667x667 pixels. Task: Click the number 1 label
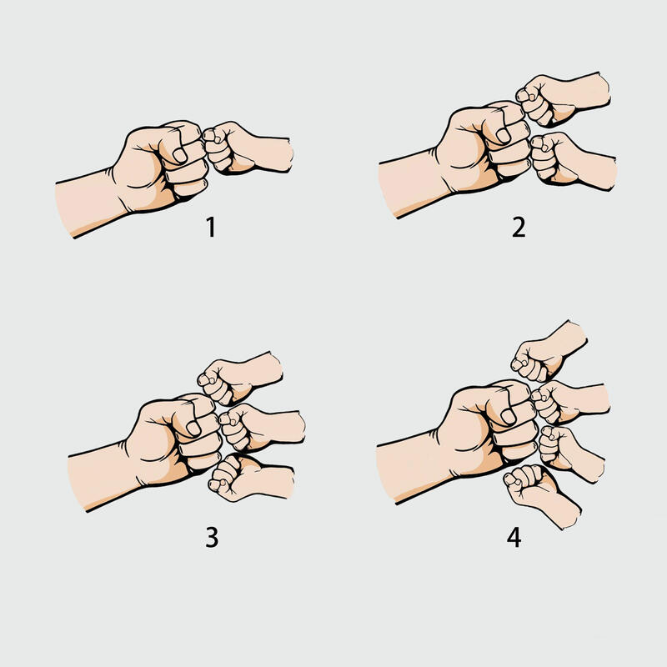[x=211, y=227]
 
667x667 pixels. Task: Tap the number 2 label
[x=519, y=227]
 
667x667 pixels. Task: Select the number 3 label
[x=212, y=537]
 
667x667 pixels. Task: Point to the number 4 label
[x=514, y=537]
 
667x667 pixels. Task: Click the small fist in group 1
[x=247, y=149]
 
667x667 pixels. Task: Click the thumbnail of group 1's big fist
[x=179, y=155]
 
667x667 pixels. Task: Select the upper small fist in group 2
[x=561, y=98]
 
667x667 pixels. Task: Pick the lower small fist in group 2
[x=572, y=161]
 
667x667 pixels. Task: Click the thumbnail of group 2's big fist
[x=504, y=136]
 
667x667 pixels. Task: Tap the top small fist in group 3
[x=239, y=379]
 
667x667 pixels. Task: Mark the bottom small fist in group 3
[x=250, y=477]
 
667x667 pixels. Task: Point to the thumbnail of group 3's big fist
[x=193, y=429]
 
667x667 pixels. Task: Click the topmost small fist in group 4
[x=548, y=352]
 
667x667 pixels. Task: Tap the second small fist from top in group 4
[x=569, y=402]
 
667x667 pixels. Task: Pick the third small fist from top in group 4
[x=570, y=453]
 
